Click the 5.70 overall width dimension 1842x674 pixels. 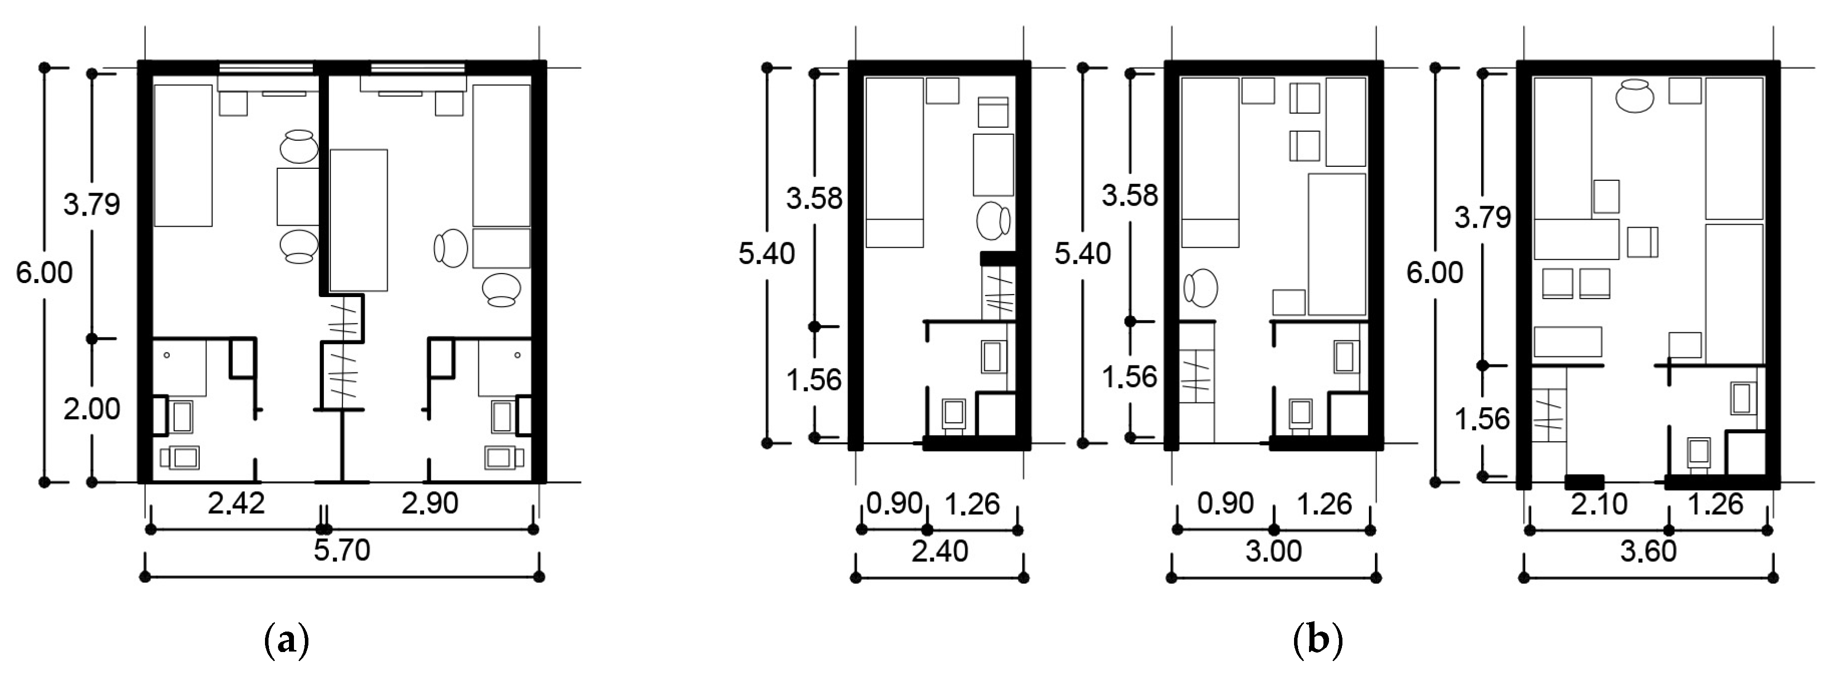(342, 551)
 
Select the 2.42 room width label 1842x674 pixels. (237, 503)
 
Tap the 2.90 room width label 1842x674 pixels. (430, 503)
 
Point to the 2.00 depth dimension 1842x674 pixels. (91, 409)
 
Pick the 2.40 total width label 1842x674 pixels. (940, 551)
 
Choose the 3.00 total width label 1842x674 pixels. (1274, 551)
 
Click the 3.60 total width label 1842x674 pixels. (1648, 551)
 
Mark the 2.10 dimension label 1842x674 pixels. (1599, 504)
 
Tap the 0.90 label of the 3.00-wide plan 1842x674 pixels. (1226, 503)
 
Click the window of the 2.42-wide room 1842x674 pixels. (266, 68)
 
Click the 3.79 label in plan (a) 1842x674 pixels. (91, 205)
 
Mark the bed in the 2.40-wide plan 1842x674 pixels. (894, 162)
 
